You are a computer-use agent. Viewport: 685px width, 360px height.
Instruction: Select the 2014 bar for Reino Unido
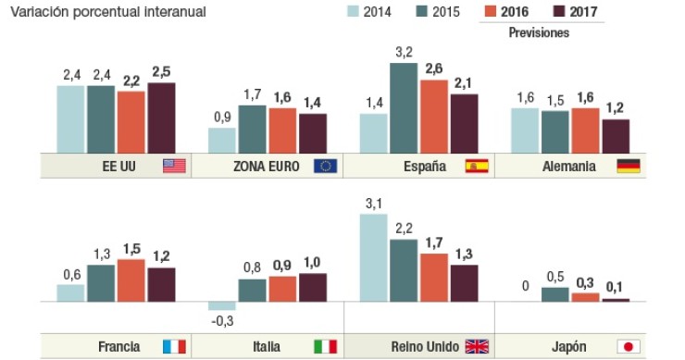coord(373,258)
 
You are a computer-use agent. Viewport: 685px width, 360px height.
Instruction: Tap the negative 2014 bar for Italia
coord(222,306)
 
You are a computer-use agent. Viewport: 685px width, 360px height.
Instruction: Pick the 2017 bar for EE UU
coord(161,118)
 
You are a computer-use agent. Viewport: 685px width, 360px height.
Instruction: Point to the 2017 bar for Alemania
coord(616,136)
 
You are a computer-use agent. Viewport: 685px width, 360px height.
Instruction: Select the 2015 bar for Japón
coord(554,295)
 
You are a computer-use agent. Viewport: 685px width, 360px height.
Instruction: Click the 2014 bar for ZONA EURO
coord(222,141)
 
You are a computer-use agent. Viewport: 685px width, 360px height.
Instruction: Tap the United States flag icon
coord(175,167)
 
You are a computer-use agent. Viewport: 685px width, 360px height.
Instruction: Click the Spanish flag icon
coord(477,167)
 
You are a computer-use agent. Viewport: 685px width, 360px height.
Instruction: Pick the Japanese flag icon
coord(629,347)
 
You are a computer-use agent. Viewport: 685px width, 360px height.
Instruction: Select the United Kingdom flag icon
coord(477,347)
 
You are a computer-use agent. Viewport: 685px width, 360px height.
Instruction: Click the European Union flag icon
coord(326,167)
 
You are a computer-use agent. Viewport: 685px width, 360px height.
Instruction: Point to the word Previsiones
coord(539,32)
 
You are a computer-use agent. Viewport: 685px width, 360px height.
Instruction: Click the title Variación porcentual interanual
coord(107,12)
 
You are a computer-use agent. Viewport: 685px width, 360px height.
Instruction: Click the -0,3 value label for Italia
coord(222,321)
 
